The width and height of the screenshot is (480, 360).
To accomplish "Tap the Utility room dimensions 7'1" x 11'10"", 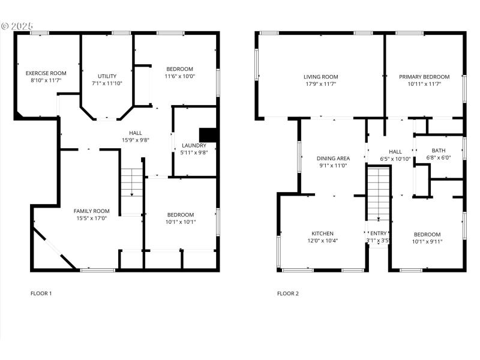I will point(107,83).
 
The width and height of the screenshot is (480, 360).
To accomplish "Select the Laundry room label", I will point(194,145).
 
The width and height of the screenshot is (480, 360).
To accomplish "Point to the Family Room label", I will point(91,211).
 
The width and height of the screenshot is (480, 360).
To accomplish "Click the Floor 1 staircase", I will point(131,182).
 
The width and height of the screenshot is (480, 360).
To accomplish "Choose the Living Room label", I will point(320,77).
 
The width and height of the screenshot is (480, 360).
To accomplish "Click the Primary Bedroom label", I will point(424,77).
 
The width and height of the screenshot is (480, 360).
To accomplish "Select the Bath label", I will point(438,151).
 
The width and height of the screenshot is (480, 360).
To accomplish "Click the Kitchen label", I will point(322,233).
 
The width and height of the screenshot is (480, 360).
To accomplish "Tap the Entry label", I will point(379,233).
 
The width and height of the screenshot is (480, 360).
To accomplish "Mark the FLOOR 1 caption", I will point(41,293).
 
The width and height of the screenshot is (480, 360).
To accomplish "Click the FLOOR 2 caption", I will point(287,293).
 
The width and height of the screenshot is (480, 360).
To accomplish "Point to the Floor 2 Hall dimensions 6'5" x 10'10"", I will point(395,159).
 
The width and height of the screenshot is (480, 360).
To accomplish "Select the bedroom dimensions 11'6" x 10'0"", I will point(180,76).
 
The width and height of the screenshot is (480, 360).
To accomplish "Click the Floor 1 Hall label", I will point(136,133).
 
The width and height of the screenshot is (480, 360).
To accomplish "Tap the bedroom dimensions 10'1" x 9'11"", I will point(427,242).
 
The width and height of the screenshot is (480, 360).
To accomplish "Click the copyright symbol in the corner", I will point(5,26).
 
